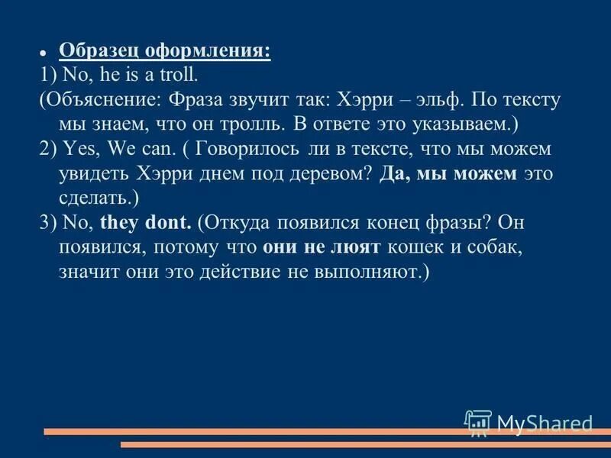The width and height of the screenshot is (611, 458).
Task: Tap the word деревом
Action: click(x=337, y=174)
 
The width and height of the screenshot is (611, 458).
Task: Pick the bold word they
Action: click(x=115, y=223)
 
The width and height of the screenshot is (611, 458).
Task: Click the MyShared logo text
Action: click(x=545, y=422)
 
